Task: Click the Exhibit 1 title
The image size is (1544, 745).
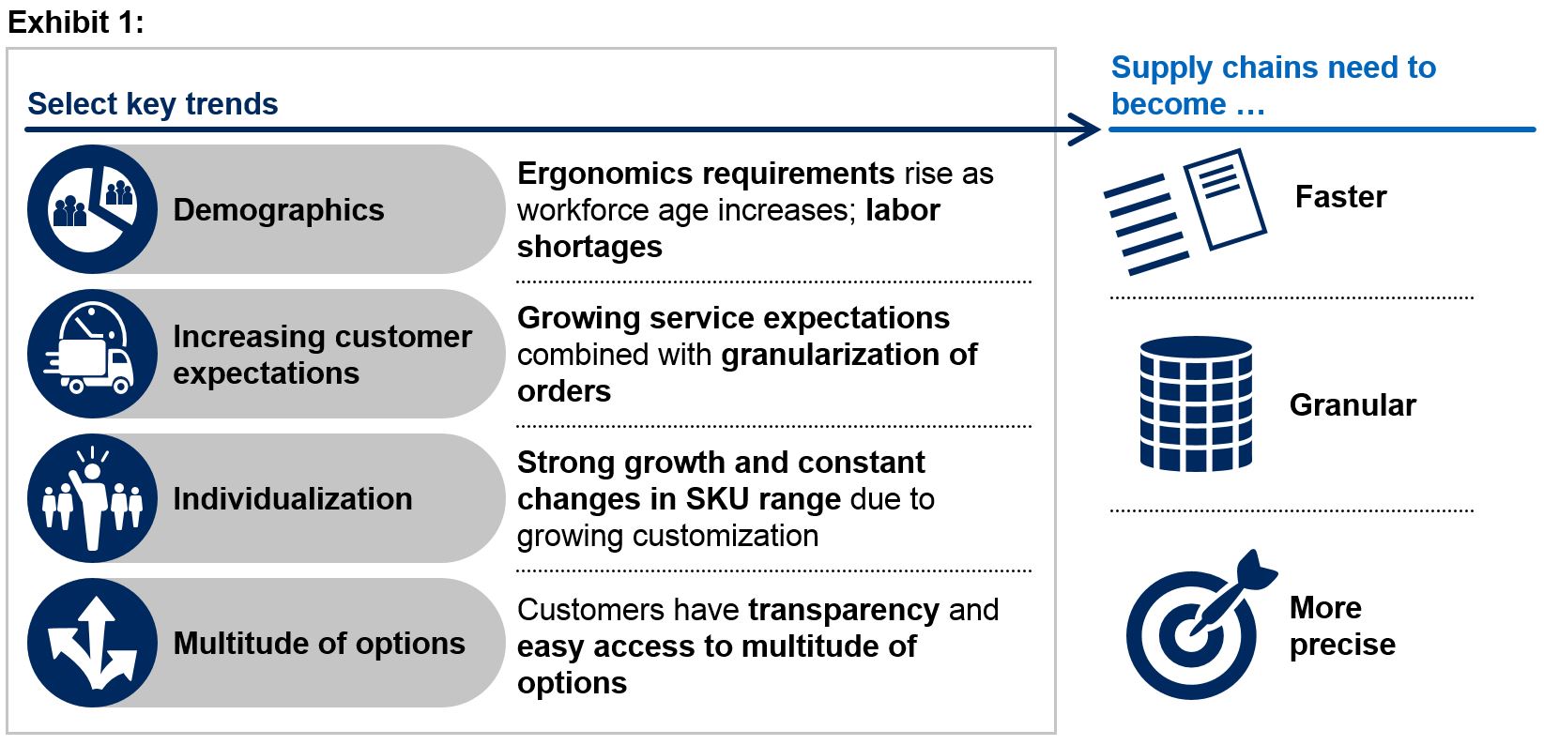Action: (x=76, y=23)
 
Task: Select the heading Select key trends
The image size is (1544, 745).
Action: (x=152, y=104)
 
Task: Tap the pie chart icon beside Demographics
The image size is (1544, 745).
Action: (x=92, y=209)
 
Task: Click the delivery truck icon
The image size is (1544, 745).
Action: (x=92, y=354)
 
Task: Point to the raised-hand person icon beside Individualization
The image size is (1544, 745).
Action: (x=92, y=498)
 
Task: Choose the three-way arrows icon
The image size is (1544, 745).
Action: (x=92, y=643)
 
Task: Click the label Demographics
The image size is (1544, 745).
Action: (x=279, y=210)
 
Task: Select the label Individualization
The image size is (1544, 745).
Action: (x=293, y=499)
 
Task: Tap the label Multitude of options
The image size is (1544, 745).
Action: (x=319, y=644)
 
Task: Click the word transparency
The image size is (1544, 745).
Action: (x=844, y=611)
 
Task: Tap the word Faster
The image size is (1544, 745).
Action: (x=1340, y=197)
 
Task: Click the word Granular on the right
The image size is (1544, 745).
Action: (x=1353, y=405)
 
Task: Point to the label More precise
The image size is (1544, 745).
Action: (x=1342, y=626)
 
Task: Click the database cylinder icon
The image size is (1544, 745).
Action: (x=1196, y=403)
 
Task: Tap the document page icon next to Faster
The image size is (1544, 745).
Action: (x=1226, y=199)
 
